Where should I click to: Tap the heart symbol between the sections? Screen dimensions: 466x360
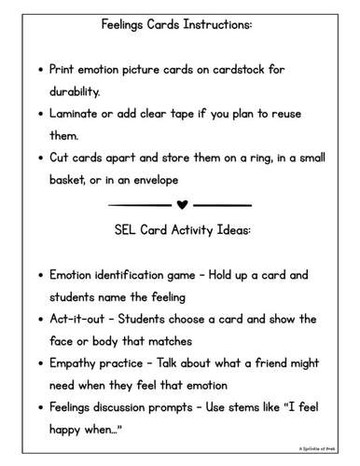click(x=181, y=203)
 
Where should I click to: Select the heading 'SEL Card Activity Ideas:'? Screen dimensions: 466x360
click(x=176, y=229)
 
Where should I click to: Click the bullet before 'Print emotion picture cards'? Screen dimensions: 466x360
click(x=38, y=71)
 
